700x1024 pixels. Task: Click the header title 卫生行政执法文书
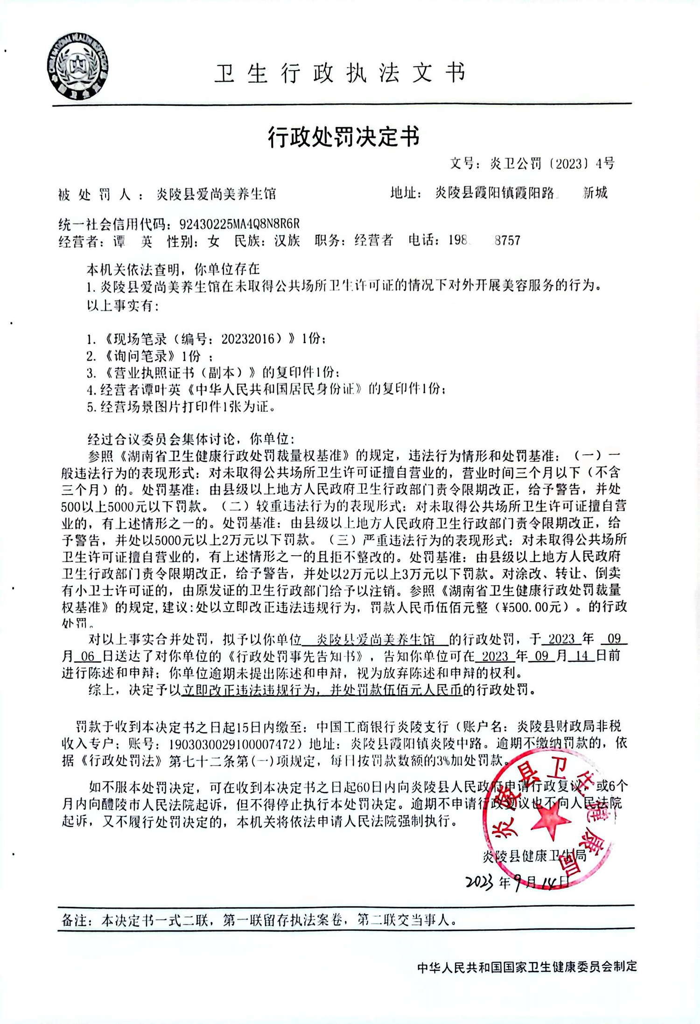pyautogui.click(x=340, y=73)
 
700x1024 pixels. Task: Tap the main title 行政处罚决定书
pyautogui.click(x=344, y=137)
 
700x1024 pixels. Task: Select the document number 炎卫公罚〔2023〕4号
pyautogui.click(x=552, y=163)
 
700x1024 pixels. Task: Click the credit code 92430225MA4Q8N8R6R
pyautogui.click(x=239, y=224)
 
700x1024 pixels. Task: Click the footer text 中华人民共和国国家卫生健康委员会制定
pyautogui.click(x=527, y=966)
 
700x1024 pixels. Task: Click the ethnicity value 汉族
pyautogui.click(x=287, y=241)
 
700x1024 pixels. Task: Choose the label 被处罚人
pyautogui.click(x=94, y=194)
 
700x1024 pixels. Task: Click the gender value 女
pyautogui.click(x=213, y=241)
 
